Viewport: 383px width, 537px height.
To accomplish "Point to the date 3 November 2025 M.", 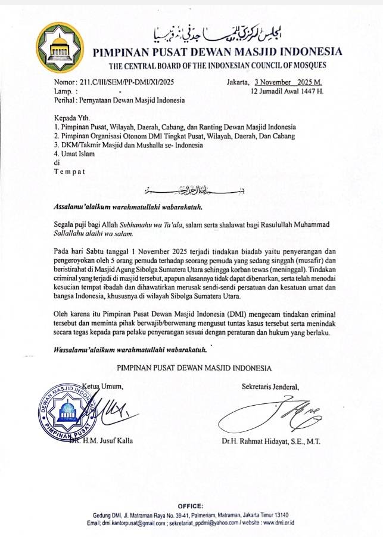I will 287,82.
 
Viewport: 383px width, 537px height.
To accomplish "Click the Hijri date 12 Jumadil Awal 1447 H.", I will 287,91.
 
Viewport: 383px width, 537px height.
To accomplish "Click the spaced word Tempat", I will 70,172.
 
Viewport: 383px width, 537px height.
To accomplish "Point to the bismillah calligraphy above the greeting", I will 186,191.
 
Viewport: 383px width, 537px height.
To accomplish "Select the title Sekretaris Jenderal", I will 270,386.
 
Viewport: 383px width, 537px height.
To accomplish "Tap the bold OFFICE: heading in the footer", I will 191,505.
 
